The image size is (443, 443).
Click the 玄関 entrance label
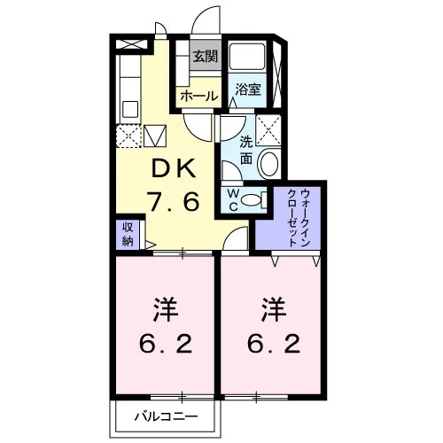tap(206, 57)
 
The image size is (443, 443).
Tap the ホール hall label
tap(199, 96)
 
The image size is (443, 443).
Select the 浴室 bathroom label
tap(248, 89)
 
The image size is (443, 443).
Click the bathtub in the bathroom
tap(247, 57)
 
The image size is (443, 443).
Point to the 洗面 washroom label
tap(246, 151)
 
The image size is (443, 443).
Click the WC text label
tap(233, 200)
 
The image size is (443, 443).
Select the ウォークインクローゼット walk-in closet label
tap(299, 218)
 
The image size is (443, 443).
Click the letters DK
tap(174, 168)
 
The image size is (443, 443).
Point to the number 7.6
tap(174, 201)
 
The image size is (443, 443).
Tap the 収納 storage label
tap(128, 235)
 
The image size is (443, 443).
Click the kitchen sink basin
tap(130, 109)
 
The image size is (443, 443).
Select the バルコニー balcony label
tap(167, 416)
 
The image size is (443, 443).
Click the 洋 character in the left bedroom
tap(166, 310)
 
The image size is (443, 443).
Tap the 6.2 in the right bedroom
tap(274, 344)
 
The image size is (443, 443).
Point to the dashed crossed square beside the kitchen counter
tap(128, 136)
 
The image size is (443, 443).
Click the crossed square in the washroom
tap(268, 130)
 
